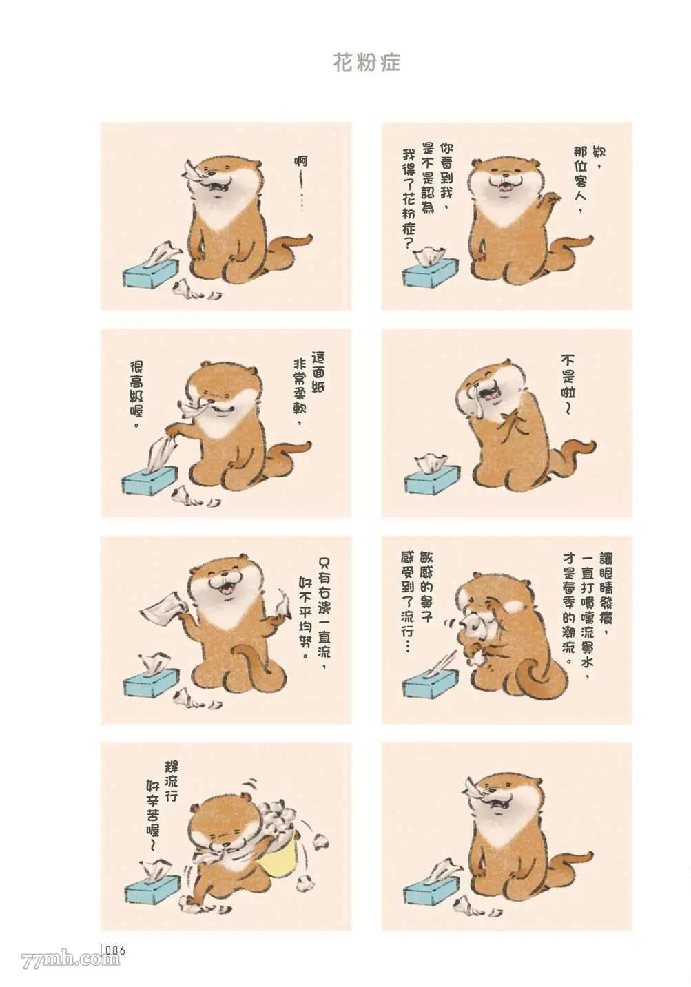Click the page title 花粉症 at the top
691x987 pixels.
pyautogui.click(x=367, y=63)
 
